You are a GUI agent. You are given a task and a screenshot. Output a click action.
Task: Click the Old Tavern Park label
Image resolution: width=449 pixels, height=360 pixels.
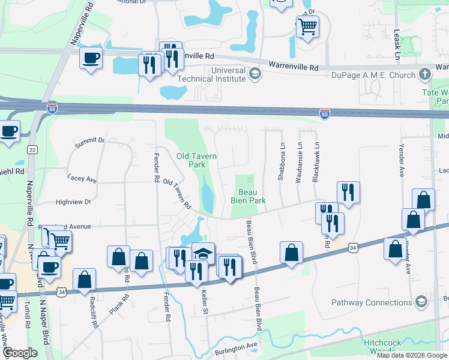click(x=196, y=160)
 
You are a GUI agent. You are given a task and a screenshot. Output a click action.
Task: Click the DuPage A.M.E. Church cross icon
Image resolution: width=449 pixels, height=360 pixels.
click(x=425, y=75)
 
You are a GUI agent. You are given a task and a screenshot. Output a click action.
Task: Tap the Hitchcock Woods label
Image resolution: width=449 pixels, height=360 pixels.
click(x=427, y=345)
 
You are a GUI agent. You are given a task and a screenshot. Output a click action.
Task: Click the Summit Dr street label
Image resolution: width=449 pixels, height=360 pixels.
click(x=90, y=142)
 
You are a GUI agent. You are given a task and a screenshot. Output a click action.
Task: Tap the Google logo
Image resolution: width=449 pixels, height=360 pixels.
click(x=20, y=353)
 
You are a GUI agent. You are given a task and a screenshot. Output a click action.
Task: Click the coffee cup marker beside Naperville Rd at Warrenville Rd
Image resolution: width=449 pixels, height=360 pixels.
click(x=91, y=58)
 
